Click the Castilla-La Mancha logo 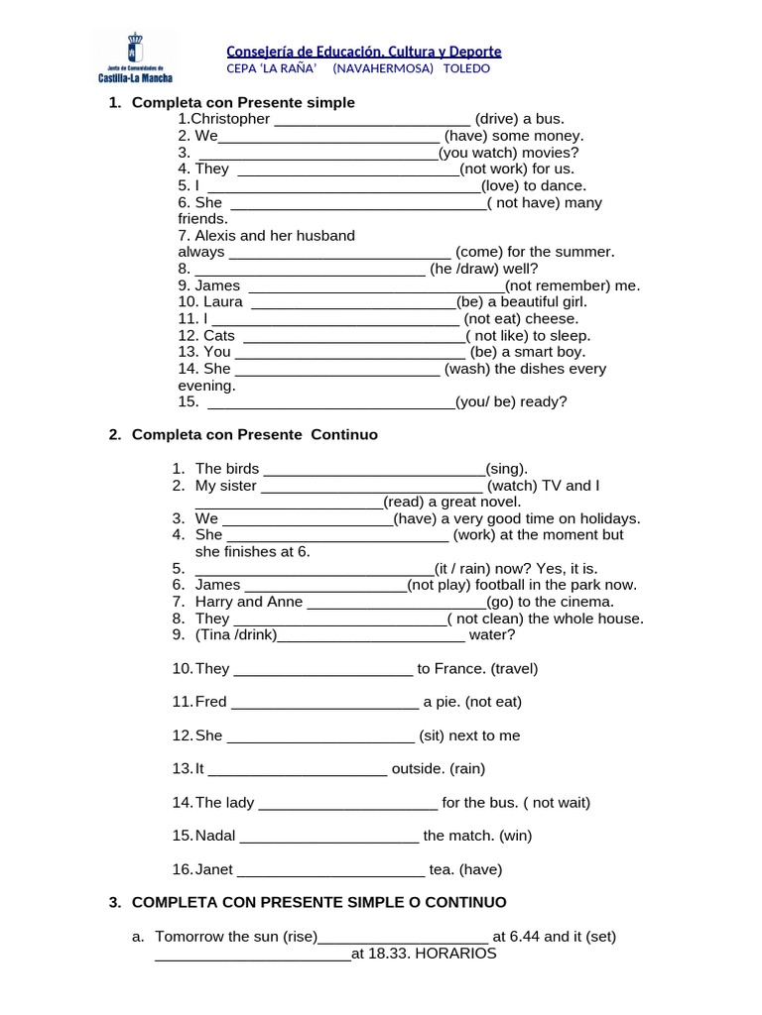click(x=134, y=57)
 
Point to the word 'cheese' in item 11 click(x=552, y=319)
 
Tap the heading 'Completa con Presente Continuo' click(x=255, y=435)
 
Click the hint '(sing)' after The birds click(x=507, y=469)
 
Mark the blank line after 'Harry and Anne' click(x=397, y=602)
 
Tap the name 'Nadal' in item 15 click(x=215, y=836)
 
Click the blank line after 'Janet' click(x=331, y=870)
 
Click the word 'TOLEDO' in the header click(x=465, y=69)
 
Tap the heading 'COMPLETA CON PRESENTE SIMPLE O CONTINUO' click(x=318, y=903)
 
